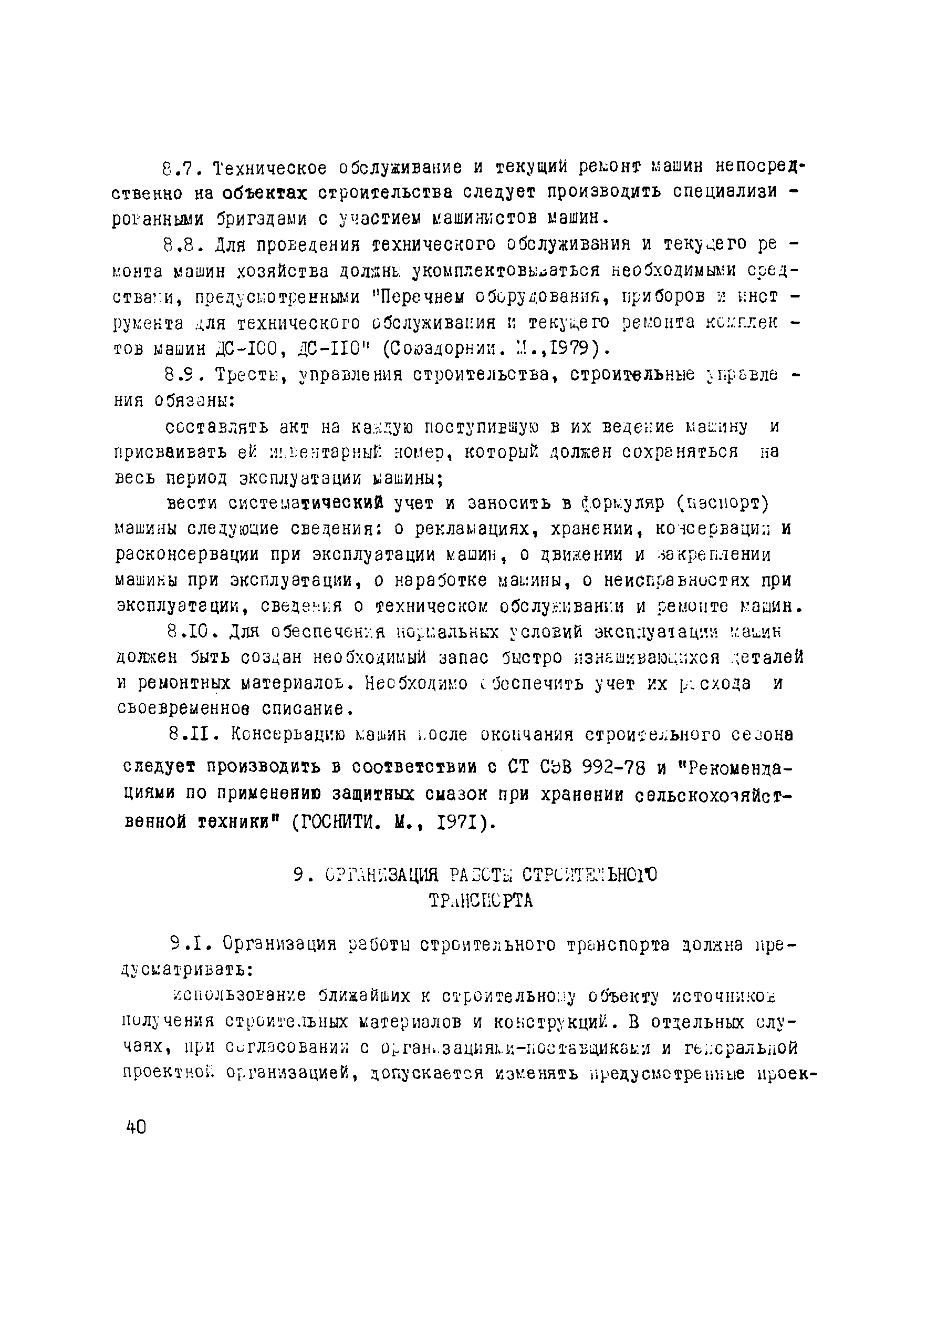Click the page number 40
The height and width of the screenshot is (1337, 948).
136,1127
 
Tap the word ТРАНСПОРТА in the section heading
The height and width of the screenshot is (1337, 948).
481,901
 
